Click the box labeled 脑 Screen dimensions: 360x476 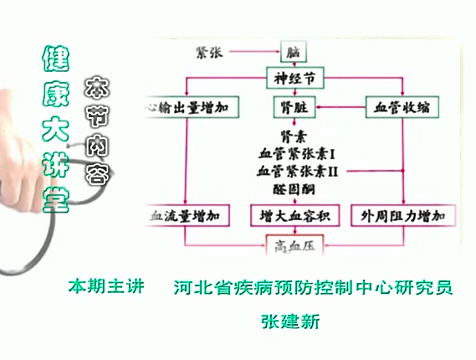[x=292, y=52]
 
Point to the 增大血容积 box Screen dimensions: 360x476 [x=292, y=216]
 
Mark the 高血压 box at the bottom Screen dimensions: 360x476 [x=292, y=245]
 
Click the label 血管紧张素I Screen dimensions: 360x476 [x=296, y=154]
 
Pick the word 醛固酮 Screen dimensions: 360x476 [x=292, y=189]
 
